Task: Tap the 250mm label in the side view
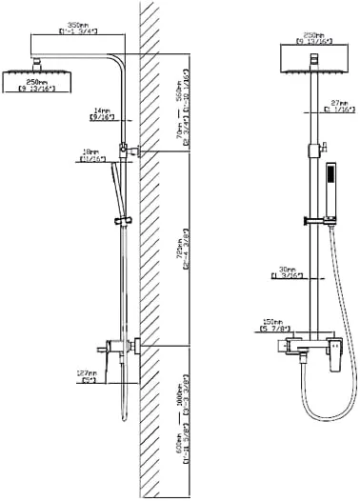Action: (34, 84)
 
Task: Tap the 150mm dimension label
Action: (273, 325)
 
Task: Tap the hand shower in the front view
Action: (330, 181)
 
